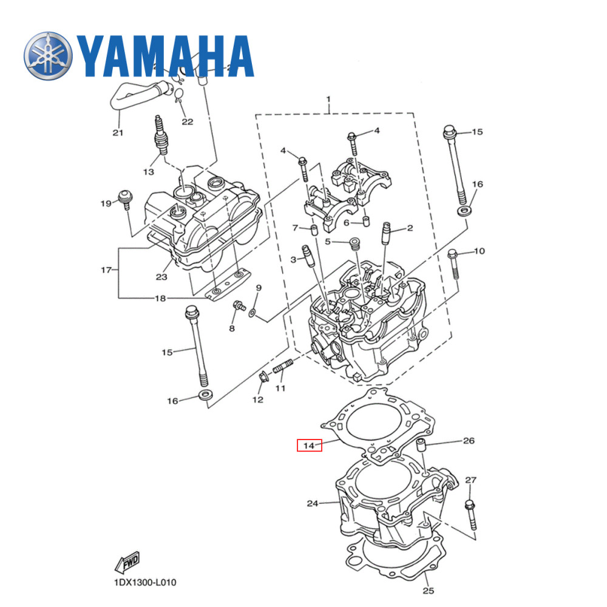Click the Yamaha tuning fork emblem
[48, 56]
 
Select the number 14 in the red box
[309, 446]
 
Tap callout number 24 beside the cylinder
[313, 503]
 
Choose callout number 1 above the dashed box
[328, 98]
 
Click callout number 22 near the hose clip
[187, 121]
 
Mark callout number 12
[258, 399]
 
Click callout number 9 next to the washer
[258, 287]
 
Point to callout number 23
[160, 277]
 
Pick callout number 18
[160, 298]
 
